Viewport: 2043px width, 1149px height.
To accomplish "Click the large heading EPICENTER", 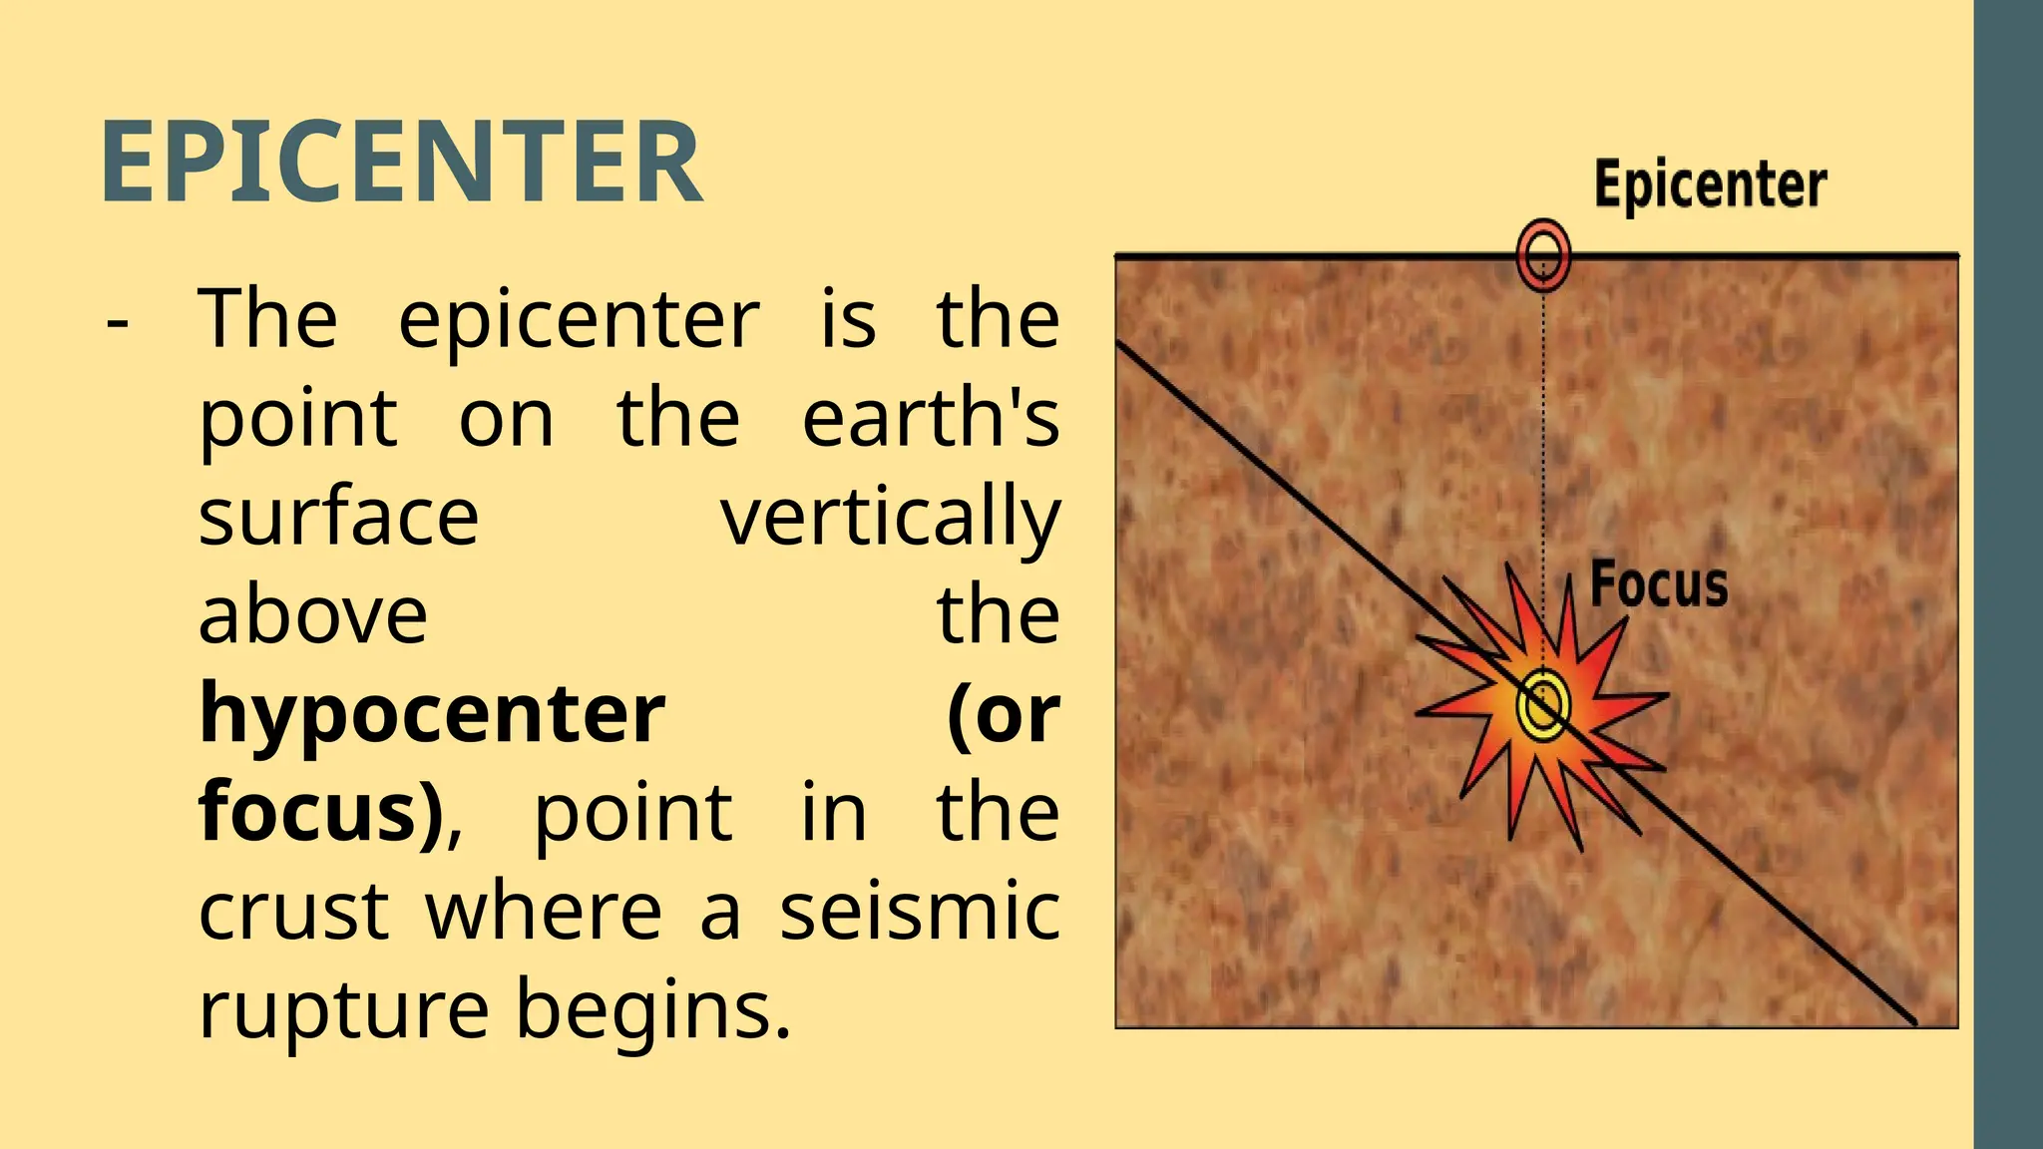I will tap(401, 162).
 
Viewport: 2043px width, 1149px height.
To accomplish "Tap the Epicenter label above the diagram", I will tap(1710, 185).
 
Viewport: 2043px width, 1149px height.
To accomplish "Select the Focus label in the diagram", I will tap(1658, 584).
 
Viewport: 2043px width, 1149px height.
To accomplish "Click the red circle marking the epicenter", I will tap(1543, 254).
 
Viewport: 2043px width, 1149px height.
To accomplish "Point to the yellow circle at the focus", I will tap(1542, 705).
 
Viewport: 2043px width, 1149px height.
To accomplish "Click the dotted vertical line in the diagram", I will tap(1544, 449).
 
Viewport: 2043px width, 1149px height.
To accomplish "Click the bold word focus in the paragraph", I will tap(319, 812).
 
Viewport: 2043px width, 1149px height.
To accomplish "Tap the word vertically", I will tap(890, 517).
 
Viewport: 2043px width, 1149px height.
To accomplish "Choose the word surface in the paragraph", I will tap(338, 517).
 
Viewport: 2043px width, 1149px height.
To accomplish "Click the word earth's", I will tap(930, 418).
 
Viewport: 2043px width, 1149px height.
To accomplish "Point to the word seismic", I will tap(919, 911).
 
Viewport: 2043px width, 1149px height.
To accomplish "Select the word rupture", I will tap(343, 1009).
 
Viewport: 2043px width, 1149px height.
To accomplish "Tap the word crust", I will tap(293, 911).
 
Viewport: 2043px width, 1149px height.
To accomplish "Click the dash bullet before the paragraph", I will tap(118, 321).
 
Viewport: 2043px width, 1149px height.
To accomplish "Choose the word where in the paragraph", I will tap(545, 911).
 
